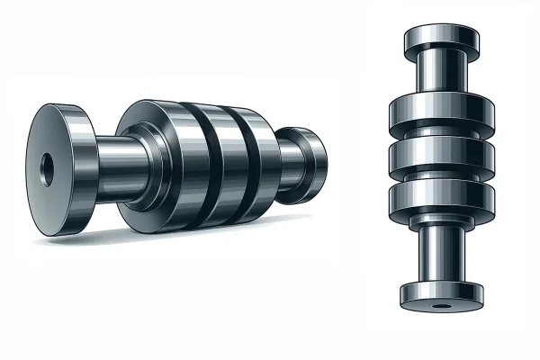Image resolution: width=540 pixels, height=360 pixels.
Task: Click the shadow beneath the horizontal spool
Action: (x=180, y=236)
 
